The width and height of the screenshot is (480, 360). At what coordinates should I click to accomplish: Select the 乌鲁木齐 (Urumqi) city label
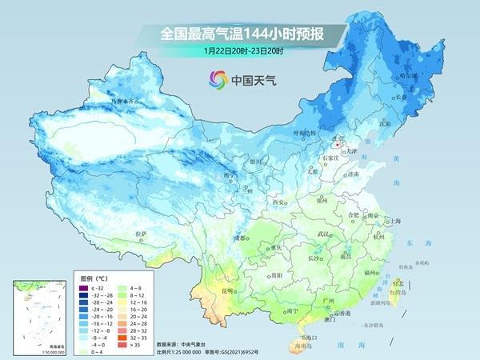pos(130,101)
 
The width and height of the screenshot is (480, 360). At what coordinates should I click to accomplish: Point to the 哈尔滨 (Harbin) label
pos(410,75)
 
